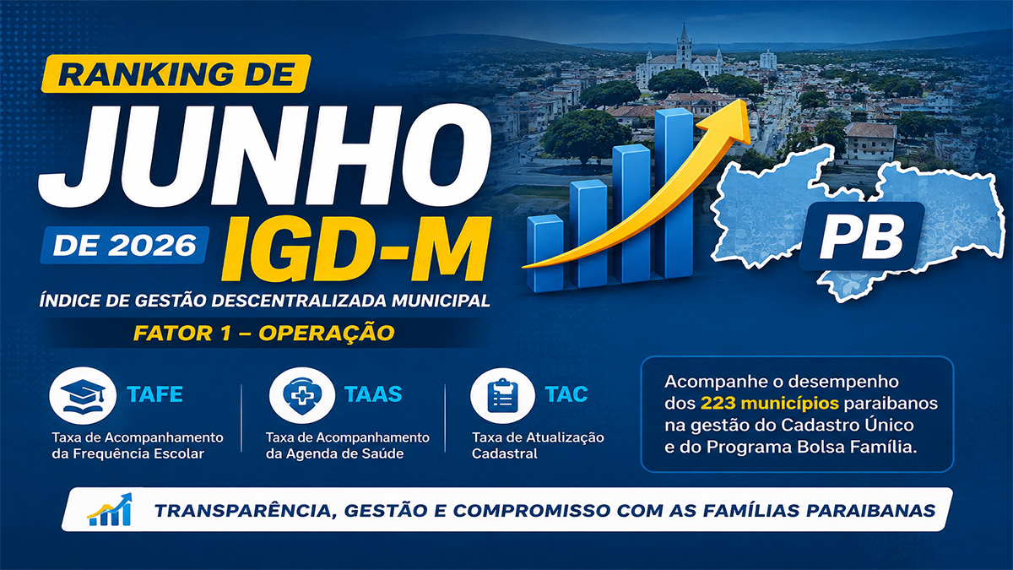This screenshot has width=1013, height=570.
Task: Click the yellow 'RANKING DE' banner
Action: click(x=176, y=73)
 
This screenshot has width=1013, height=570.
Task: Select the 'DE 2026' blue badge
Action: click(x=124, y=245)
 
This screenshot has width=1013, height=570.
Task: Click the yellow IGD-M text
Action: click(x=356, y=249)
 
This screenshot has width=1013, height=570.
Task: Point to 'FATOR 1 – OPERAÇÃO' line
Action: click(x=264, y=334)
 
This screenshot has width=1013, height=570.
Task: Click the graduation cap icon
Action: click(x=83, y=396)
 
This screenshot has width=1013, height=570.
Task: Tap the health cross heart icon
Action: click(x=302, y=396)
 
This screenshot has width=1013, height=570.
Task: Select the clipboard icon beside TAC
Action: click(x=502, y=396)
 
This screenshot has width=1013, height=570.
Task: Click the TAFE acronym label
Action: click(x=155, y=394)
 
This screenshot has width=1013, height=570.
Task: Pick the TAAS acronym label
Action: click(x=373, y=394)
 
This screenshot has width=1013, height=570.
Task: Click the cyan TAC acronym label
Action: click(x=566, y=394)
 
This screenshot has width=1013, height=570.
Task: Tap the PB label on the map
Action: click(x=862, y=237)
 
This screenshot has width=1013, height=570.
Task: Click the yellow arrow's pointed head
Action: click(x=732, y=120)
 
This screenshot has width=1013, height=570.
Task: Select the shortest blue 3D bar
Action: click(x=545, y=253)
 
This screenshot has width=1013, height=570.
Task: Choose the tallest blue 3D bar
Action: click(x=674, y=193)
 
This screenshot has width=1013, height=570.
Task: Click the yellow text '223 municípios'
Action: click(x=770, y=403)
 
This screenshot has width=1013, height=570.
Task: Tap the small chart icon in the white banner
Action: click(x=111, y=509)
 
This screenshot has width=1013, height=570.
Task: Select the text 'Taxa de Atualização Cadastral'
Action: click(x=538, y=446)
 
